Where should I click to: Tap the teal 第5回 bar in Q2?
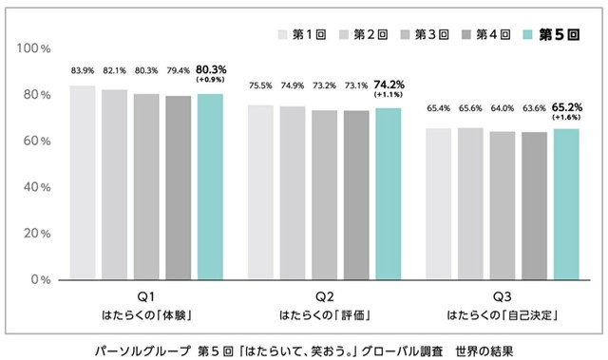click(388, 194)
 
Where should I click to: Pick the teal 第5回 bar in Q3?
click(567, 203)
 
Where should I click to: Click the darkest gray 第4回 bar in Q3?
click(535, 205)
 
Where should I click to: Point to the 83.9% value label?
click(83, 71)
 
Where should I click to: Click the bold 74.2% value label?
click(389, 84)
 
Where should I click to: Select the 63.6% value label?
click(534, 108)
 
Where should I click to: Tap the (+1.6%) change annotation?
click(568, 117)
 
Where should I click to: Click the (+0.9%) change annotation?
click(210, 80)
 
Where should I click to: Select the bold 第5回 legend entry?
click(555, 35)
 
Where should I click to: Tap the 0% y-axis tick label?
click(39, 279)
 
